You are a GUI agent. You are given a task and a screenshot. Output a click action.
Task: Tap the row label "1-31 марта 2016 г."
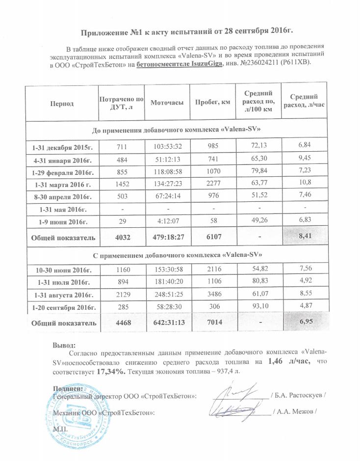tap(62, 185)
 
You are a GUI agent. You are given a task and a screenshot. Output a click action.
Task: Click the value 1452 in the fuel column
tap(119, 185)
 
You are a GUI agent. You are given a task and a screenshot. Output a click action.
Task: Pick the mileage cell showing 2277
tap(212, 185)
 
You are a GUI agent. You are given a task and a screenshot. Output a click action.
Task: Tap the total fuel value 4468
tap(119, 323)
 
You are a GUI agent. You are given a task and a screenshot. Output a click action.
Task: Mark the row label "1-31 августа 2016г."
tap(62, 295)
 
